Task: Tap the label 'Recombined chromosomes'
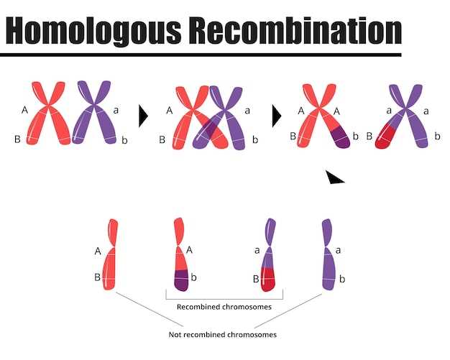click(x=224, y=307)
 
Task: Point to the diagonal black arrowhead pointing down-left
click(x=334, y=177)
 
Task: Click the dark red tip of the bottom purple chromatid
click(x=268, y=281)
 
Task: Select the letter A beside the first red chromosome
click(x=25, y=110)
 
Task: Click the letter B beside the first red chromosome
click(x=17, y=139)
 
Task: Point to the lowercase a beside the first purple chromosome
click(x=116, y=110)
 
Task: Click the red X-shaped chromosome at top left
click(x=49, y=113)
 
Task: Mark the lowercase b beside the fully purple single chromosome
click(x=342, y=278)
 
